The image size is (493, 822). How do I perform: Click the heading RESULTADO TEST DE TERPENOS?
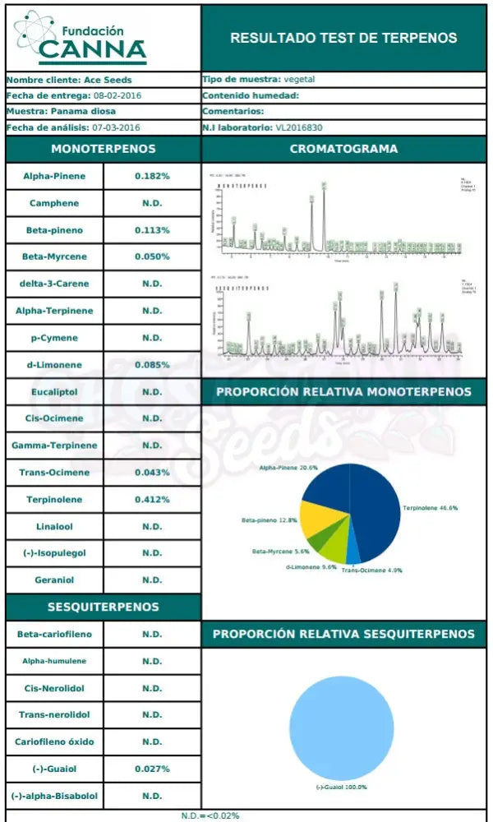tap(343, 38)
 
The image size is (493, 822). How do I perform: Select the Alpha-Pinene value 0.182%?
tap(152, 176)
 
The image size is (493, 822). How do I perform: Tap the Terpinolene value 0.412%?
tap(152, 500)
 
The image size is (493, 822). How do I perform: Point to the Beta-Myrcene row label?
tap(54, 256)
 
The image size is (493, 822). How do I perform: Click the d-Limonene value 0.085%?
tap(152, 365)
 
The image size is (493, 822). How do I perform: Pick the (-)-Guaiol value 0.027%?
tap(152, 769)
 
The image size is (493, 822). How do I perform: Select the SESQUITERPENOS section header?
tap(103, 607)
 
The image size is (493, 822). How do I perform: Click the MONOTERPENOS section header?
tap(103, 150)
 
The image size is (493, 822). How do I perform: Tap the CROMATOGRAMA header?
tap(343, 150)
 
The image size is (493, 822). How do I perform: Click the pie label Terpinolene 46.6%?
tap(430, 509)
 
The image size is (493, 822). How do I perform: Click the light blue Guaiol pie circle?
tap(341, 727)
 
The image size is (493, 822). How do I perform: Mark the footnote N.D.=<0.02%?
tap(210, 815)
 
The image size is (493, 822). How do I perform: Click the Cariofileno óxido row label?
tap(54, 742)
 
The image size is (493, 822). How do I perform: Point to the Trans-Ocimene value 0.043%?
tap(152, 473)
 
